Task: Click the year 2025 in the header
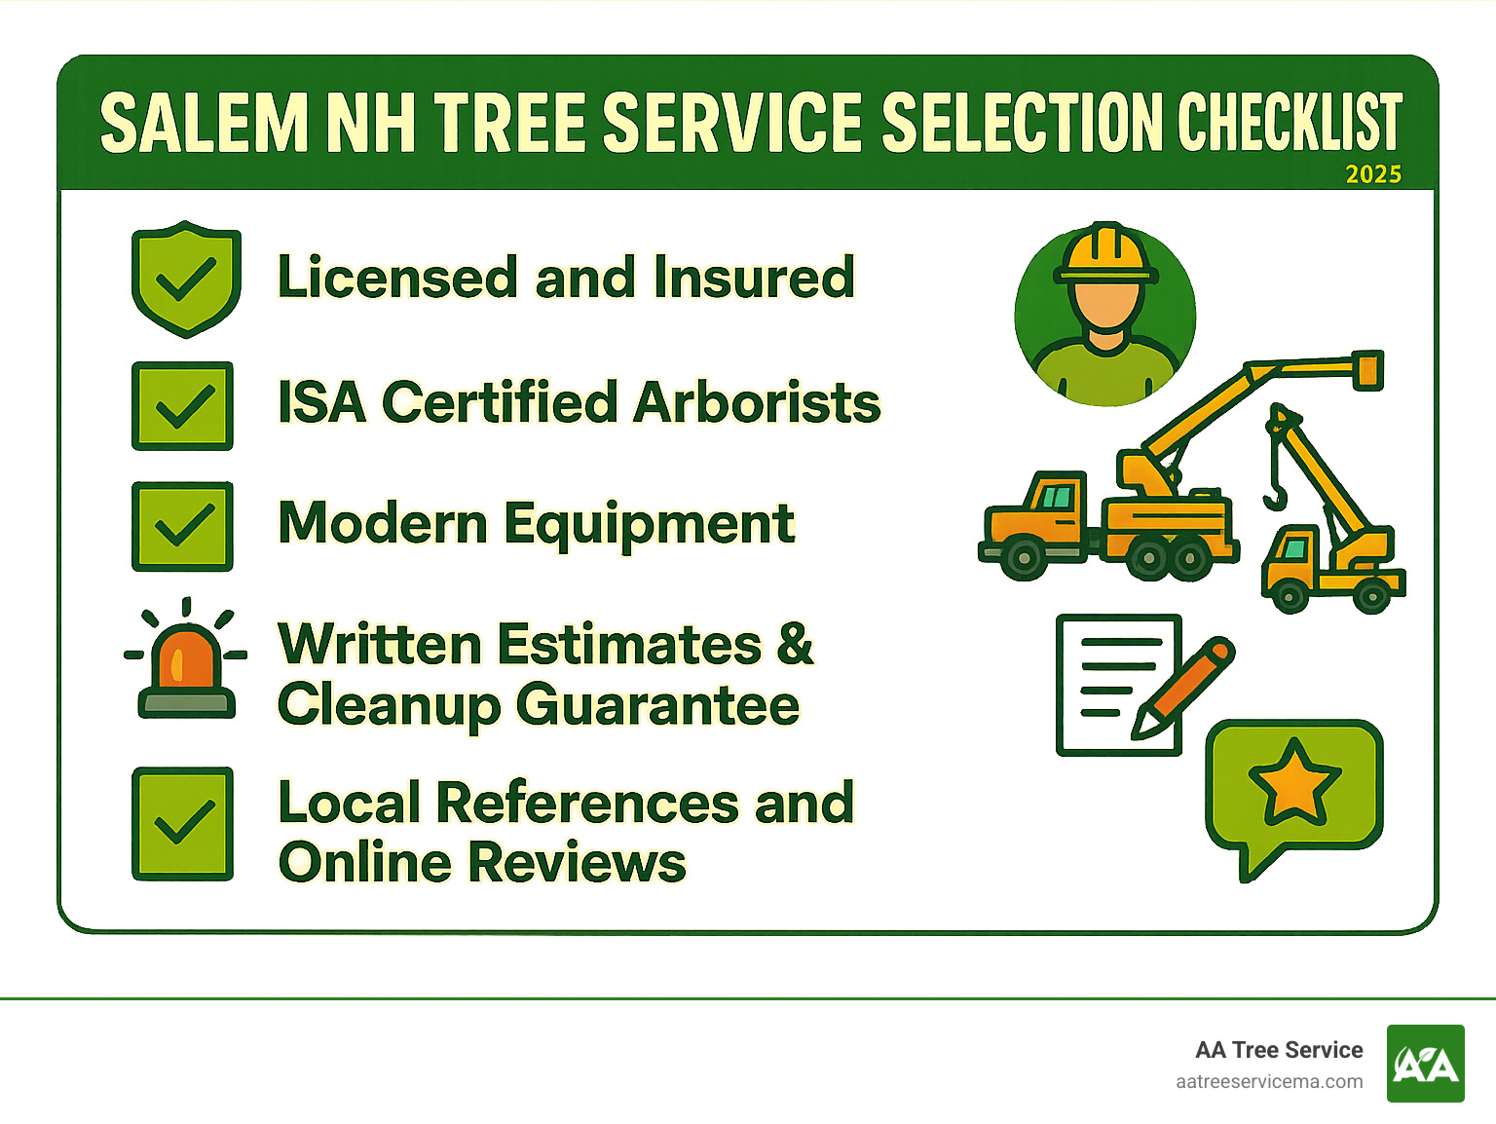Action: click(1372, 174)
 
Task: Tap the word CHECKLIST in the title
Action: click(1289, 124)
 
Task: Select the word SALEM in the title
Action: click(204, 124)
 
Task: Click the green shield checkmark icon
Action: click(185, 280)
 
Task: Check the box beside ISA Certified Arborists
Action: click(182, 406)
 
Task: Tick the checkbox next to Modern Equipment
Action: click(182, 526)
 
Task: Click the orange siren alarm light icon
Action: click(185, 662)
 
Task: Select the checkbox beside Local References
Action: click(182, 824)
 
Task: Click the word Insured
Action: click(753, 278)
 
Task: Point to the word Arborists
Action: click(757, 402)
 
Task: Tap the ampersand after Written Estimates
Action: click(795, 644)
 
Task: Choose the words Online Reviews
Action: click(482, 863)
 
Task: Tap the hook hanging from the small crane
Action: click(1276, 496)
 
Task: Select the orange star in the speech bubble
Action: click(1294, 782)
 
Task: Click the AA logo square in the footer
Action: click(1425, 1064)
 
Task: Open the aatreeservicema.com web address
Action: click(1268, 1082)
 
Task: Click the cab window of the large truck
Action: click(1057, 498)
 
